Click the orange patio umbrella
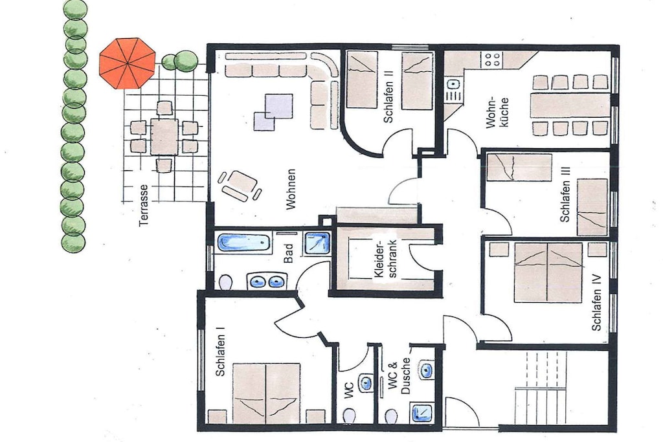pos(128,63)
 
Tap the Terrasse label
pos(144,205)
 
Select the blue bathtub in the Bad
pos(244,243)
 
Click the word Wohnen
pos(291,190)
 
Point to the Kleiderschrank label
pos(385,259)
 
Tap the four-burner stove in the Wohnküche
pos(491,59)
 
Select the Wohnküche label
pos(497,113)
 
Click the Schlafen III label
pos(565,194)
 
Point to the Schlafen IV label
pos(596,303)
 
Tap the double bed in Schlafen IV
pos(548,272)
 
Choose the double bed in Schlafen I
pos(266,393)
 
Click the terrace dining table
pos(164,137)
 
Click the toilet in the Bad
pos(226,282)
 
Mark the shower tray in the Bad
pos(317,243)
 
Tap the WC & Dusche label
pos(399,376)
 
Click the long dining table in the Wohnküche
pos(570,105)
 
